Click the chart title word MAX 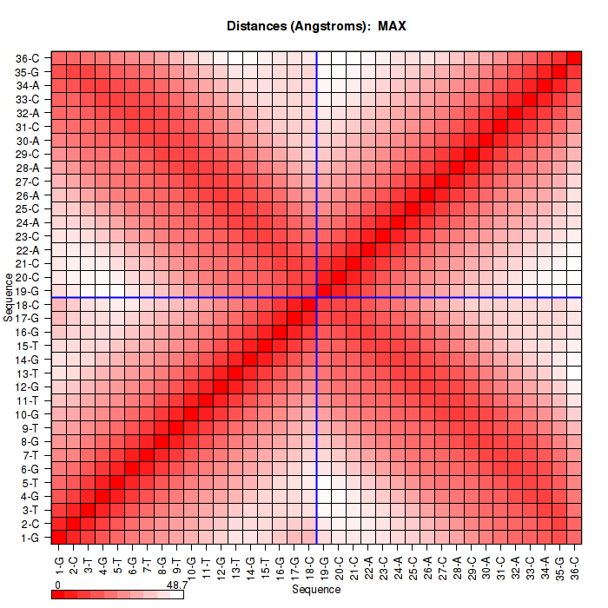coord(392,26)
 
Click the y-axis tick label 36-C coord(28,58)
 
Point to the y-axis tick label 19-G coord(28,291)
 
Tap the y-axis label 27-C coord(28,182)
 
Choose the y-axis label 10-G coord(28,414)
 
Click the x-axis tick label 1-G coord(59,562)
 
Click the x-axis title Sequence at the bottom coord(316,590)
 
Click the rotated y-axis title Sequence coord(8,297)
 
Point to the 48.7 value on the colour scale coord(176,585)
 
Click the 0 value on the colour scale coord(57,585)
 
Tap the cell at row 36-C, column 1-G coord(59,58)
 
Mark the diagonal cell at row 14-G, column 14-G coord(250,359)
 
